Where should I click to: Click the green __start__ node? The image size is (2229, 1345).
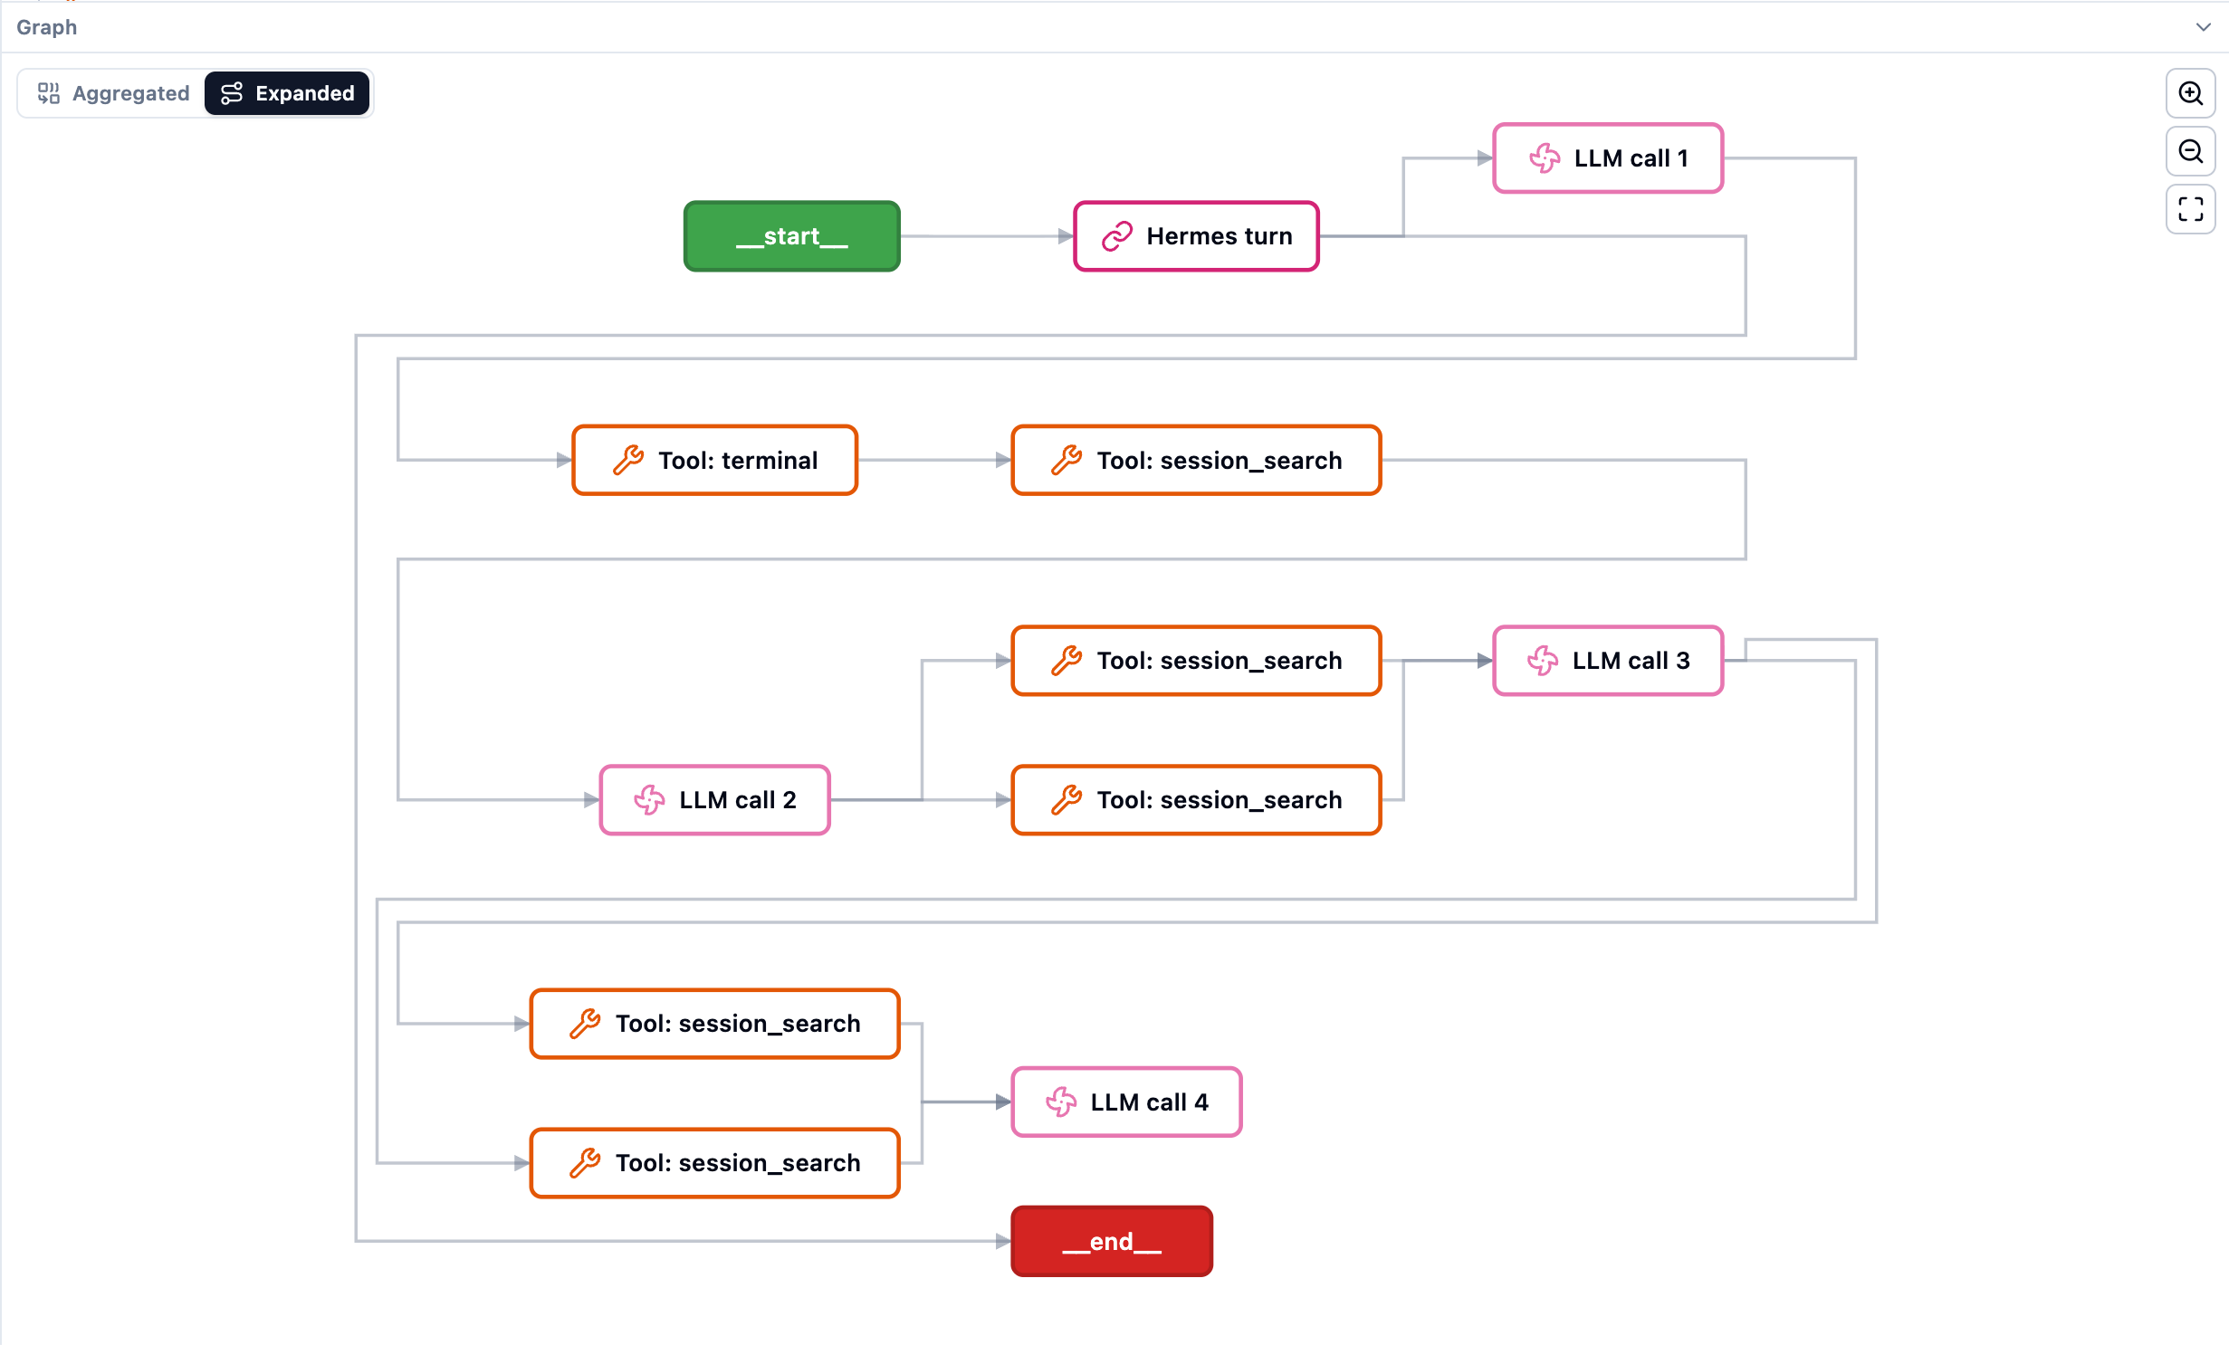pos(791,236)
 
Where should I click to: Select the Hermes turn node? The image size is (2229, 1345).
pos(1196,236)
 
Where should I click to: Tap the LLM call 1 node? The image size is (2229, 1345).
pos(1608,158)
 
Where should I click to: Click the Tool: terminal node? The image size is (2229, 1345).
pos(714,461)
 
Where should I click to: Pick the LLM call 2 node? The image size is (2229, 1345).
pos(714,800)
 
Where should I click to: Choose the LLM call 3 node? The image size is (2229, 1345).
pos(1608,661)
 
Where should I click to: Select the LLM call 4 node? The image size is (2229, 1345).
pos(1126,1102)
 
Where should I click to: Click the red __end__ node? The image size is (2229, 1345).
pos(1112,1242)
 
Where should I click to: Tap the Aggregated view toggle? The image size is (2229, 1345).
pos(113,93)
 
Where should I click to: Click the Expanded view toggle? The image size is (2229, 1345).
pos(287,93)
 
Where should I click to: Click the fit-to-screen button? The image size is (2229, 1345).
pos(2190,209)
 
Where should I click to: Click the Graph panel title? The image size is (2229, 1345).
pos(46,27)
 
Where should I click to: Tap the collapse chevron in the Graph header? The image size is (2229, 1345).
pos(2203,27)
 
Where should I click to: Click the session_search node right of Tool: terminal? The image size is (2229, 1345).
pos(1196,461)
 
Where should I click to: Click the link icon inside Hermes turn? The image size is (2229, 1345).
pos(1116,236)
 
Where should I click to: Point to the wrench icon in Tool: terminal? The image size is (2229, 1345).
pos(628,461)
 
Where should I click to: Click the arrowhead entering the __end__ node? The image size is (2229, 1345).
pos(1003,1242)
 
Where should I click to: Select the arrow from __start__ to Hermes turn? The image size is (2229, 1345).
pos(987,236)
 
